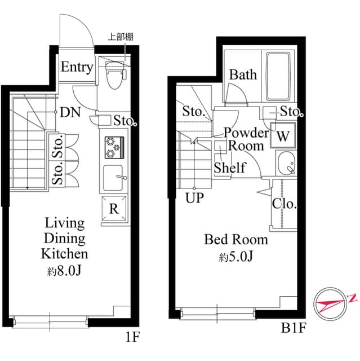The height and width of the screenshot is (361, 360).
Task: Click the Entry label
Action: [77, 68]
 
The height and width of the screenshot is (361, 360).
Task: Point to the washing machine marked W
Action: [283, 136]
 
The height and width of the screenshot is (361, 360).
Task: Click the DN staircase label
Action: [70, 112]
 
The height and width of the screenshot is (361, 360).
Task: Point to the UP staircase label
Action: [194, 198]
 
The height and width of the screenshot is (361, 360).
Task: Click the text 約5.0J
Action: [236, 257]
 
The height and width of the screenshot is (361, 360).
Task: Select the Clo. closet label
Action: [284, 204]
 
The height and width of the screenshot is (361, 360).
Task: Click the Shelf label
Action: [229, 168]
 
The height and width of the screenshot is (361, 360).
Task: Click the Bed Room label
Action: [236, 240]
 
